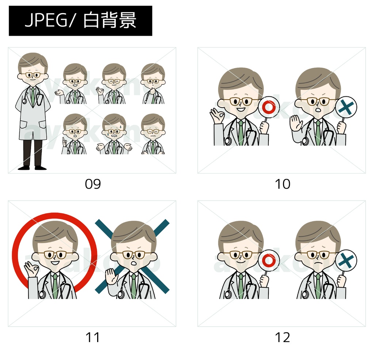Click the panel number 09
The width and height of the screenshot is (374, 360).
[x=93, y=184]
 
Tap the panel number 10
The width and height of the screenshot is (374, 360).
[x=283, y=184]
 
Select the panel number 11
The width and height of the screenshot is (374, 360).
[x=93, y=337]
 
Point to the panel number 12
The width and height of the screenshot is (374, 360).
[x=283, y=337]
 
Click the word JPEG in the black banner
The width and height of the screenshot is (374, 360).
[x=46, y=20]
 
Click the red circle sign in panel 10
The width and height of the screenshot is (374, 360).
[x=268, y=107]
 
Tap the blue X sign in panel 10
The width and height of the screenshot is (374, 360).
[x=346, y=107]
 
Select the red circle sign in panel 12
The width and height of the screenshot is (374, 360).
[x=268, y=260]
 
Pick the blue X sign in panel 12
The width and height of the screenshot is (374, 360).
[x=346, y=260]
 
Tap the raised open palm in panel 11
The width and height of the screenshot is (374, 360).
[x=111, y=276]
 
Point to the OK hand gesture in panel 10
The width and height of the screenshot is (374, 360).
[x=217, y=116]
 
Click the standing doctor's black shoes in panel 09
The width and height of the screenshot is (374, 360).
[x=33, y=168]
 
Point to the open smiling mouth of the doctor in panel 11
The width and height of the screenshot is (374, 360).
[x=55, y=263]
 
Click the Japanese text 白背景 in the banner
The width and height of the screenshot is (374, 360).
[x=110, y=20]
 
